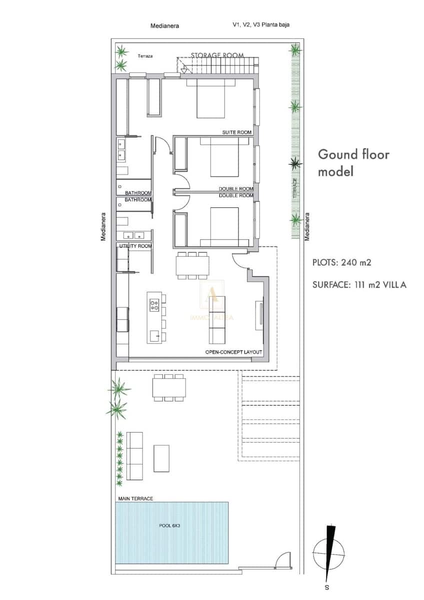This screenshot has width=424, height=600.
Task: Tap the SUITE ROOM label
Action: pos(237,132)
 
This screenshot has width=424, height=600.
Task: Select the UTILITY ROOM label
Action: pos(135,246)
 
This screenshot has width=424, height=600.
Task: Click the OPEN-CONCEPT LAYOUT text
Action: pos(233,352)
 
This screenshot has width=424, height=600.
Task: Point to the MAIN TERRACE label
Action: pos(135,498)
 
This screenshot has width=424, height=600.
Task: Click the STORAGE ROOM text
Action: pos(217,55)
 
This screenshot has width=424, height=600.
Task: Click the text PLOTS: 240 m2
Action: pos(341,261)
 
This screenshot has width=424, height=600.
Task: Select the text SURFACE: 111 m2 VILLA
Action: pos(359,285)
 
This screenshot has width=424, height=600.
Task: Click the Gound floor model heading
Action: pos(353,162)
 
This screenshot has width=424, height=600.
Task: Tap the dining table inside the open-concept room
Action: pos(191,265)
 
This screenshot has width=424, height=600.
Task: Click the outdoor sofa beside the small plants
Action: pos(135,455)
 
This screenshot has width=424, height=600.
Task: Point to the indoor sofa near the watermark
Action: pos(217,320)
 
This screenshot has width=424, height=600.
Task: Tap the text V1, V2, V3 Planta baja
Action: pos(261,24)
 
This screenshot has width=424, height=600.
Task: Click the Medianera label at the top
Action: pos(164,25)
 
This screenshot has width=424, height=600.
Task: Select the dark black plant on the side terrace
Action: pos(296,163)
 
